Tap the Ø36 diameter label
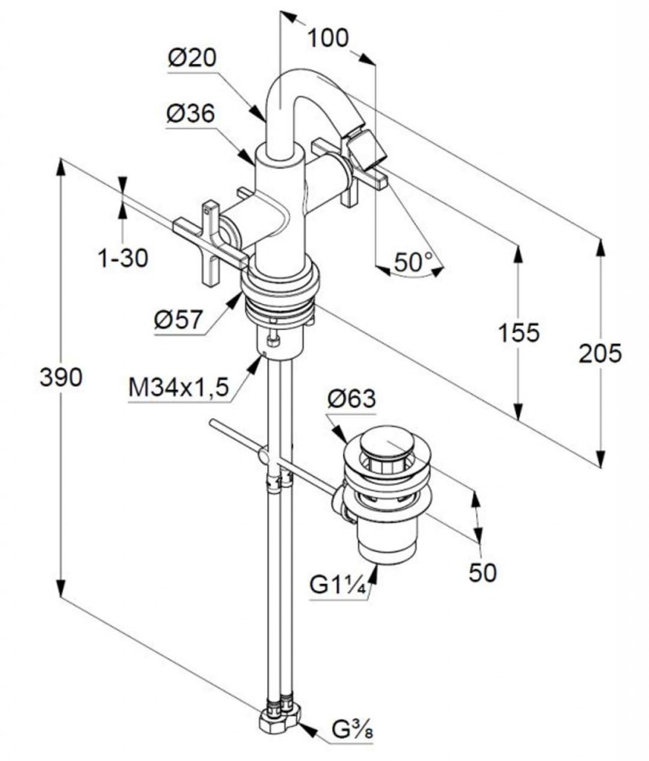(x=191, y=114)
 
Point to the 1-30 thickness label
(x=123, y=258)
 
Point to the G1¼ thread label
(x=339, y=585)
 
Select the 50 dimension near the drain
(x=483, y=571)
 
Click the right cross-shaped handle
(x=349, y=172)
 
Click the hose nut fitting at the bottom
(x=282, y=716)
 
